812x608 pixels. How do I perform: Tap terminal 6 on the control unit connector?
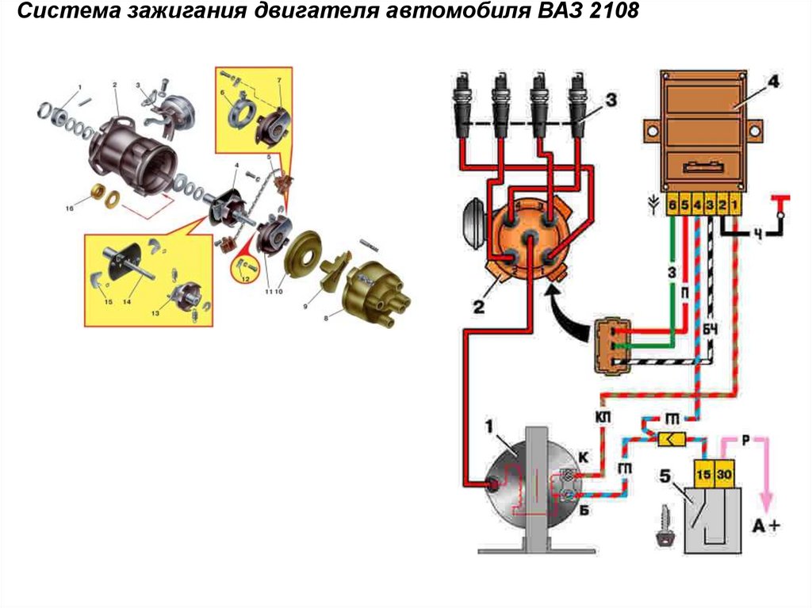(672, 205)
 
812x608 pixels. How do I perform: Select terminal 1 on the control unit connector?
(736, 205)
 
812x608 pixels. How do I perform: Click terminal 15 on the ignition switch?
(703, 474)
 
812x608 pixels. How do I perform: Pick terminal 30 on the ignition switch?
(725, 474)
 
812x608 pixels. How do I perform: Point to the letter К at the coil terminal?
(584, 457)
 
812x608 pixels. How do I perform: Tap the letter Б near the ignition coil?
(584, 510)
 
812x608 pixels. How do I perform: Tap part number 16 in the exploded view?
(70, 208)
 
